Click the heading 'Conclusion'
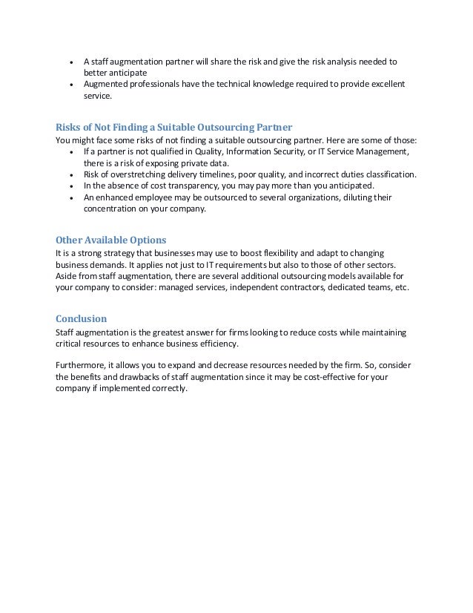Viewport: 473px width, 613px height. (x=82, y=319)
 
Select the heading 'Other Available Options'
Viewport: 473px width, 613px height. (x=111, y=240)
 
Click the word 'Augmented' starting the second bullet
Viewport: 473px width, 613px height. (x=106, y=84)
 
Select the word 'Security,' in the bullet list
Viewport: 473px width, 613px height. (x=302, y=152)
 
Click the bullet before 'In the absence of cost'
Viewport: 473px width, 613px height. (x=70, y=186)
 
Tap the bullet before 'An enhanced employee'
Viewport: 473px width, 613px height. (x=70, y=198)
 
